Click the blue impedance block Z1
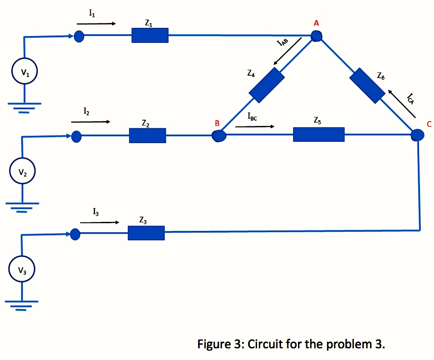(x=150, y=35)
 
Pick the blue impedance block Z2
(x=147, y=135)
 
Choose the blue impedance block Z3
(x=146, y=233)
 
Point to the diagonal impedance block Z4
(x=267, y=85)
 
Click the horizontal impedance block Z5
(x=319, y=135)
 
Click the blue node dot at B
(x=219, y=135)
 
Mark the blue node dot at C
(x=418, y=135)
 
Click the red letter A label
(x=316, y=23)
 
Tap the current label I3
(x=95, y=211)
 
